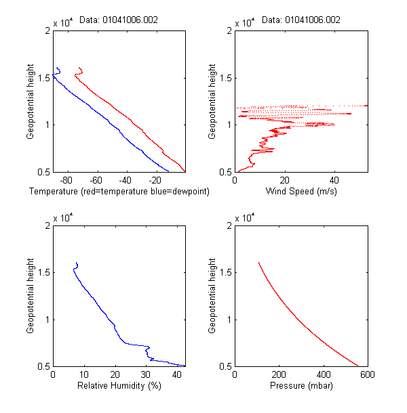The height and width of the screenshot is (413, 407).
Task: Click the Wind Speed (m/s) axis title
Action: click(x=301, y=192)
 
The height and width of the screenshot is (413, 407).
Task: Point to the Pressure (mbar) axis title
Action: click(x=301, y=387)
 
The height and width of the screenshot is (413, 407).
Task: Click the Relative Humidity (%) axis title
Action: click(x=119, y=387)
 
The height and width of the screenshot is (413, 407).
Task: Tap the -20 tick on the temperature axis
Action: click(x=155, y=180)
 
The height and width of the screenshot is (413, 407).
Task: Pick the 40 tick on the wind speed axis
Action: click(x=334, y=180)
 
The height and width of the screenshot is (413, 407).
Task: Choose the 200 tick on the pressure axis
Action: click(x=279, y=374)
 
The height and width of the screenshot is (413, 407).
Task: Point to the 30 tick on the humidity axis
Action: click(x=145, y=374)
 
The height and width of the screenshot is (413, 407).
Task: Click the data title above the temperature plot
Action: click(x=119, y=20)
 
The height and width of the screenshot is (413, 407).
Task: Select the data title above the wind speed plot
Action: click(x=301, y=20)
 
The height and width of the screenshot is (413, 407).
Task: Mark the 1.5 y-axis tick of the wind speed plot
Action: click(x=227, y=78)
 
